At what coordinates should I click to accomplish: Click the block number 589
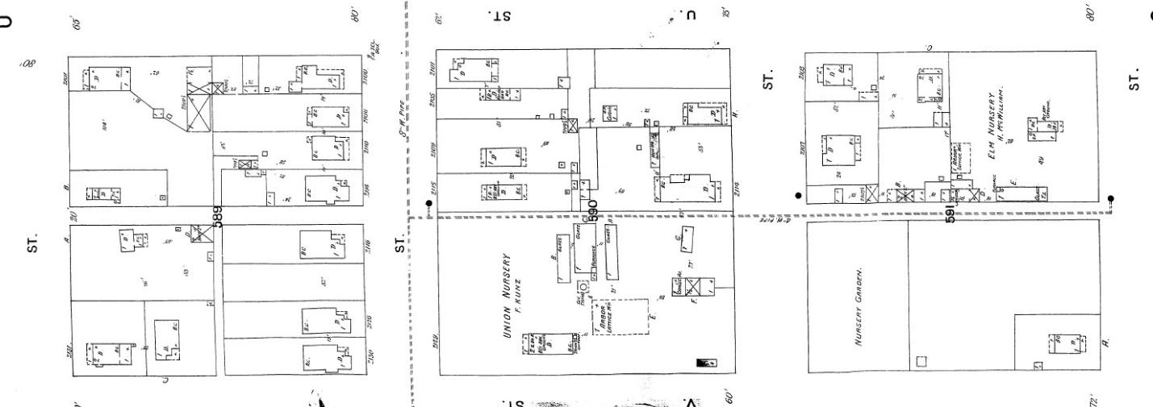click(x=217, y=216)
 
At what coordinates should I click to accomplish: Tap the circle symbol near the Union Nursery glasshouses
click(x=583, y=286)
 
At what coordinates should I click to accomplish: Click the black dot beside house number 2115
click(x=429, y=203)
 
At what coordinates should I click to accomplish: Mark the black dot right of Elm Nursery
click(x=1110, y=198)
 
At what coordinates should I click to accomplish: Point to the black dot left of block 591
click(x=798, y=195)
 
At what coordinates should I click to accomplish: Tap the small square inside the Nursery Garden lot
click(x=921, y=361)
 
